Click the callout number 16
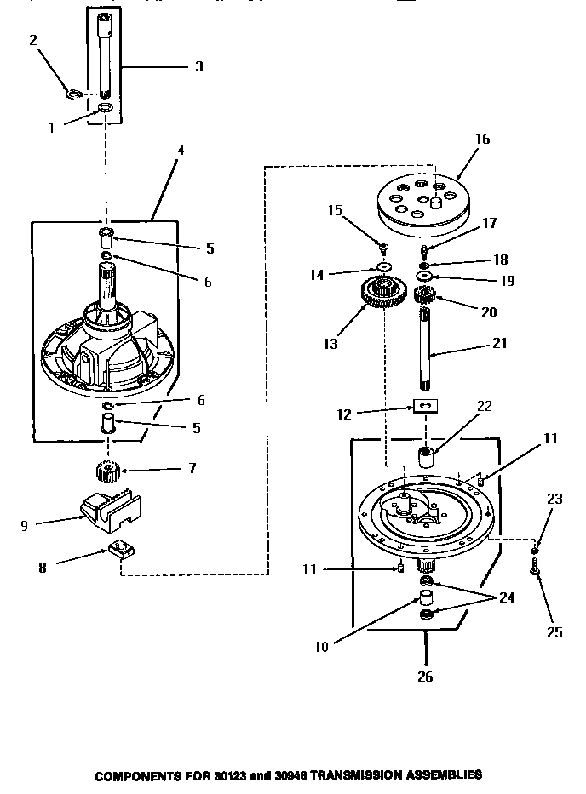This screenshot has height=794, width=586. pos(482,139)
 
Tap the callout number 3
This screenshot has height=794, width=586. pos(198,66)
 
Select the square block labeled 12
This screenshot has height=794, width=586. pos(425,404)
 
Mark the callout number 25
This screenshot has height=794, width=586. pos(555,632)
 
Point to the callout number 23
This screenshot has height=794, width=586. pos(554,500)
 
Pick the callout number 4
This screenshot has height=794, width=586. pos(181,151)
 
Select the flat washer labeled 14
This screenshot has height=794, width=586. pos(383,269)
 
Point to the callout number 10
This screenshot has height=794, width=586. pos(321,647)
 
